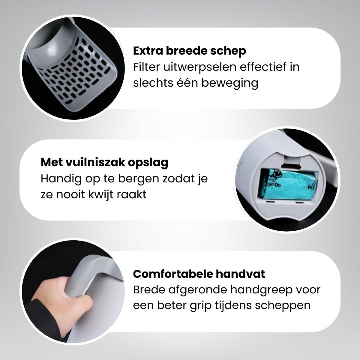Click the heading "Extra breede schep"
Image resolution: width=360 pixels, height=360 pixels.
pos(189,51)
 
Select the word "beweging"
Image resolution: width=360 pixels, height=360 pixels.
pos(229,83)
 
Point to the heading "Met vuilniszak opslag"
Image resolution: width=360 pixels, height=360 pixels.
pos(104,163)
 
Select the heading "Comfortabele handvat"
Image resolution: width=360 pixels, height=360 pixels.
pos(199,274)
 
